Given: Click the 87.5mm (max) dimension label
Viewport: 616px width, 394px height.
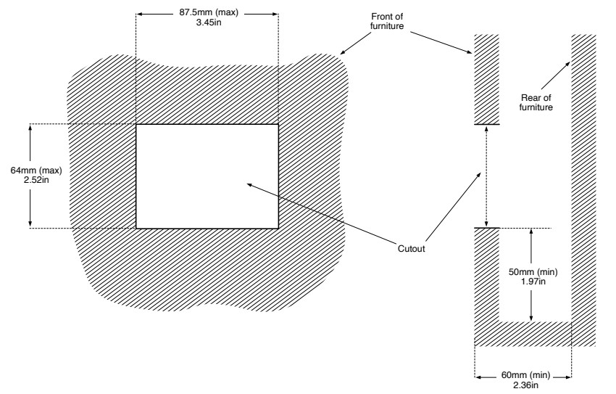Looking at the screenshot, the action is (x=209, y=12).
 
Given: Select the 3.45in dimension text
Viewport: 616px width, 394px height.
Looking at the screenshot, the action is (x=209, y=22).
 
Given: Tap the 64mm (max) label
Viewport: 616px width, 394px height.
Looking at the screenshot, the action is (x=36, y=171).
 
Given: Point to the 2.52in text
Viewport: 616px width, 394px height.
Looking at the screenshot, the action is (x=36, y=180).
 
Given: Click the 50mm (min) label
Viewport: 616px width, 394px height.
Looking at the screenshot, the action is (x=533, y=271).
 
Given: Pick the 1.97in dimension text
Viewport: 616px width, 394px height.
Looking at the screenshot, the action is (x=533, y=282).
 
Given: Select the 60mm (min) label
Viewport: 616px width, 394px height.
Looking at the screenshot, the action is (x=525, y=374).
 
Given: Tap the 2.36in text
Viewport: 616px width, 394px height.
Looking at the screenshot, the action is (x=525, y=385).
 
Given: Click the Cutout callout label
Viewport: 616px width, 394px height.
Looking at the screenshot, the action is (x=412, y=248).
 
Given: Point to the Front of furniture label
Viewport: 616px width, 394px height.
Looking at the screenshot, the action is (x=387, y=21).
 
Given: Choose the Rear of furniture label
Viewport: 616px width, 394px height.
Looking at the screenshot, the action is (x=536, y=102).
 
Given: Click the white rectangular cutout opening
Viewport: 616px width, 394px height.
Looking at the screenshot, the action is (x=207, y=176).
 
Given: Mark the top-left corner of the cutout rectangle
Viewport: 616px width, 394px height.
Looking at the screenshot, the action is (x=136, y=125).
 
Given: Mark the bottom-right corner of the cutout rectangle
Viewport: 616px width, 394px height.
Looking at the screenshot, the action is (x=278, y=228).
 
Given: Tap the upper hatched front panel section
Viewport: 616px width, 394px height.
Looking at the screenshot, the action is (x=486, y=79).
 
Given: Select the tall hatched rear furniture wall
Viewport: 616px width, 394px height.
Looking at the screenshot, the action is (x=583, y=190).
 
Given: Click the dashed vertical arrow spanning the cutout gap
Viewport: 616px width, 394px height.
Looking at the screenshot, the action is (x=487, y=176).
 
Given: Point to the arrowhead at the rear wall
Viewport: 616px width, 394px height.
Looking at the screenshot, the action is (x=568, y=63).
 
